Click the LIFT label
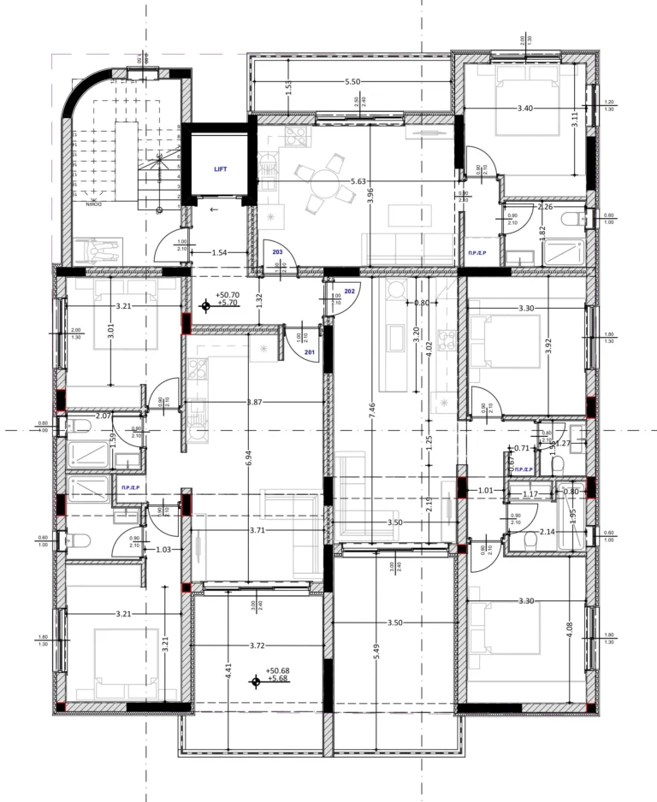tap(222, 169)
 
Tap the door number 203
tap(277, 252)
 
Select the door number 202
tap(349, 291)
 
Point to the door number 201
tap(309, 352)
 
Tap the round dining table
tap(323, 181)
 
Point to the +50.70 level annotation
tap(228, 295)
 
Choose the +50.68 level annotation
tap(278, 671)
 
